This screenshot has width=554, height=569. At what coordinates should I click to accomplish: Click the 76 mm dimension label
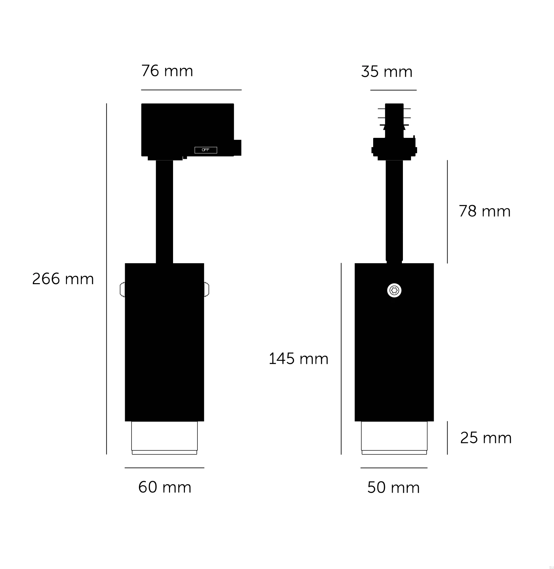167,71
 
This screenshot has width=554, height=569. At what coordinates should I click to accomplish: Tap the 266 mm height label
63,279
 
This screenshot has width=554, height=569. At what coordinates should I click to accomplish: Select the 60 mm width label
165,487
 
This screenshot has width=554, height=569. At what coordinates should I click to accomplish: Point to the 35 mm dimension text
387,72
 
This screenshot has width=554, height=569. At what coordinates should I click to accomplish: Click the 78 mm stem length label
484,212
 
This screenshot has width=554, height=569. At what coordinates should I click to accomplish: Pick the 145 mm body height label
298,359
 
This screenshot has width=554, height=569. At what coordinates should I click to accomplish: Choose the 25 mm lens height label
486,438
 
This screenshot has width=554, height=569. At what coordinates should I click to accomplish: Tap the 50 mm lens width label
393,488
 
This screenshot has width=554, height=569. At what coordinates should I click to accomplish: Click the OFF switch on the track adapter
206,150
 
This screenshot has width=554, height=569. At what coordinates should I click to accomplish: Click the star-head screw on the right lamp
394,290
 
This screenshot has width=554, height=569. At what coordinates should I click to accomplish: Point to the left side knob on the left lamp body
122,290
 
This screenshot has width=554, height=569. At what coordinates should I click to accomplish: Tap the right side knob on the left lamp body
207,290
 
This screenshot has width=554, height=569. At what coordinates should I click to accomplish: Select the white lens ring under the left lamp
164,438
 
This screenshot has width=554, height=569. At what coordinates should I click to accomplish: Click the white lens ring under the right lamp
394,438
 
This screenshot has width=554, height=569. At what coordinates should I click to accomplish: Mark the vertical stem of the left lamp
164,211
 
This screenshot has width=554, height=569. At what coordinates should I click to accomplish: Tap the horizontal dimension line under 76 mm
191,90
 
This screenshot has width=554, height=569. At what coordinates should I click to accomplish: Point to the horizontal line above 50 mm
394,468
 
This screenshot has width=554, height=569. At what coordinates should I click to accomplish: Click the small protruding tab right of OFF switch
238,148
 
